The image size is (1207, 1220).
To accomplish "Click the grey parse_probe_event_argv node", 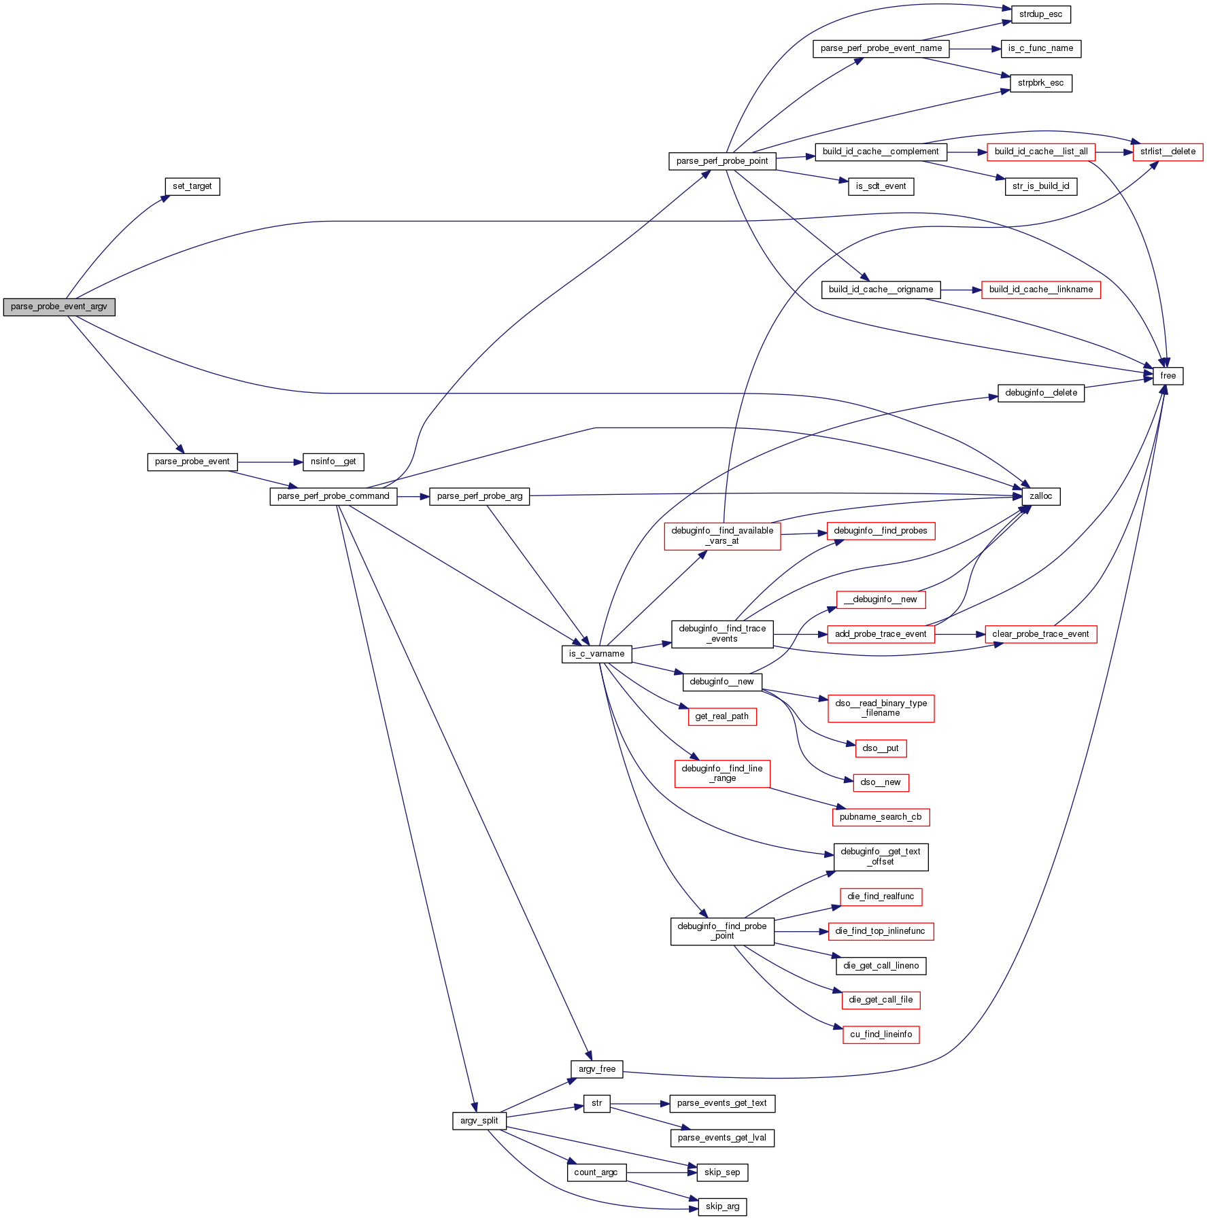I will (x=59, y=307).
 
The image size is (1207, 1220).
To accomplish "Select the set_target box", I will (x=192, y=186).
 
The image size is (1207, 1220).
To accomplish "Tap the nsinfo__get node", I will (x=333, y=462).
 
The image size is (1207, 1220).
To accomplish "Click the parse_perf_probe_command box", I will (x=333, y=497).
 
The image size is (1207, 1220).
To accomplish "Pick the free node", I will (x=1168, y=376).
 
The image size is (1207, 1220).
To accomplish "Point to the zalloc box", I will (x=1040, y=497).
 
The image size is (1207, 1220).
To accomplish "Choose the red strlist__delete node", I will (x=1168, y=152).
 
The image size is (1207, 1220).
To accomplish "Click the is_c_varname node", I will (x=596, y=655).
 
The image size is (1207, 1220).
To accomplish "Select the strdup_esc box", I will (x=1040, y=14).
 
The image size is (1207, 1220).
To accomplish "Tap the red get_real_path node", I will (x=721, y=716).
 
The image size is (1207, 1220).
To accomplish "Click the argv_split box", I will (x=479, y=1121).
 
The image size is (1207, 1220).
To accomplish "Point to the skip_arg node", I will (x=722, y=1206).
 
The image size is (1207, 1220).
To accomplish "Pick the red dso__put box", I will (x=881, y=748).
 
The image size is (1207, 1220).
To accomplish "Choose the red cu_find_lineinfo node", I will (x=881, y=1034).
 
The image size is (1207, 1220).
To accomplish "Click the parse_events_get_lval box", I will (x=721, y=1138).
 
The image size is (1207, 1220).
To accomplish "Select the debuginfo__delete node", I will (x=1040, y=393).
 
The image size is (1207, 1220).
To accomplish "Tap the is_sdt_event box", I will (x=881, y=186).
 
